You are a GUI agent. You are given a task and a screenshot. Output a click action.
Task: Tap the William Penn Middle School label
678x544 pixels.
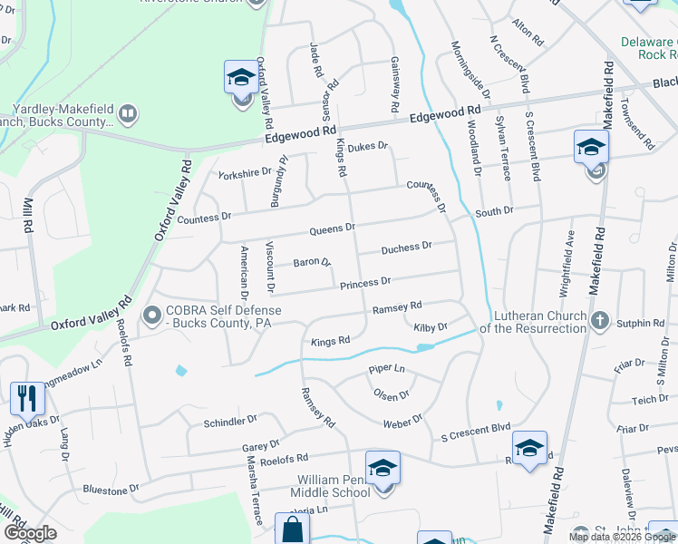[330, 485]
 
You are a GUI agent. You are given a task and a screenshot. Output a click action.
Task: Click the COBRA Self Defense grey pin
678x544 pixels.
[151, 316]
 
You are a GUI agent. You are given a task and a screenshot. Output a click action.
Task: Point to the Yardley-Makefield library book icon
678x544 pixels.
[128, 114]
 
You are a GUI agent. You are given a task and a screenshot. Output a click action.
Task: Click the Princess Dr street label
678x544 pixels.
[365, 284]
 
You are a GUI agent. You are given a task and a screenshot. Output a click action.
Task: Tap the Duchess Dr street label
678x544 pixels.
[406, 248]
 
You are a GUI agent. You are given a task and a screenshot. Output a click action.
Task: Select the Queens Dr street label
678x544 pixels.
[332, 228]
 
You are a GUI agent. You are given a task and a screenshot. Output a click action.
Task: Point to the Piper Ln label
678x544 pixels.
[386, 368]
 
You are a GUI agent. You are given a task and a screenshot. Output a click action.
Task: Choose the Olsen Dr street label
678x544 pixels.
[392, 394]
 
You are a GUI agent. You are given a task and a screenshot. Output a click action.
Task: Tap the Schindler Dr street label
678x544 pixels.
[231, 422]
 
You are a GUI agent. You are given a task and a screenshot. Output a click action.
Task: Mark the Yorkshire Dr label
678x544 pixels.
[244, 171]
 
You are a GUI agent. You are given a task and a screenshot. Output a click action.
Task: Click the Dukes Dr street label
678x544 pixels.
[367, 146]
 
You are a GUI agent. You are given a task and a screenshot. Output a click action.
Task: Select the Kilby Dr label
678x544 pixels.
[431, 326]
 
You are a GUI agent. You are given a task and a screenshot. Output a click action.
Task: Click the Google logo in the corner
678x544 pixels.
[30, 533]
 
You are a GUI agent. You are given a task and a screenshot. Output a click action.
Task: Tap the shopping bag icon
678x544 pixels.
[292, 529]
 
